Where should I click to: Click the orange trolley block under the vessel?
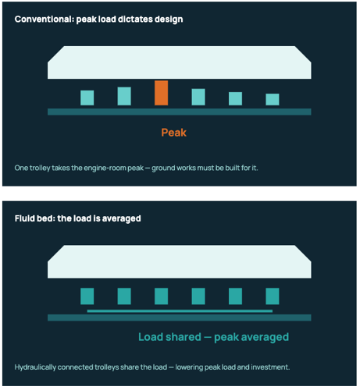pos(161,93)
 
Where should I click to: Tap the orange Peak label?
pos(173,133)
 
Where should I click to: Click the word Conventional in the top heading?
pos(44,19)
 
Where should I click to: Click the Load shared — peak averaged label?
pos(213,337)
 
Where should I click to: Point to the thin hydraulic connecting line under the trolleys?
pos(180,311)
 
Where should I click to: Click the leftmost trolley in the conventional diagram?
pos(87,97)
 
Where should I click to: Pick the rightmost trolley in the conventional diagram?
pos(273,99)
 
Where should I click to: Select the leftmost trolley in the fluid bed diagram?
pos(87,296)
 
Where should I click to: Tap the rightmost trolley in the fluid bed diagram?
pos(273,296)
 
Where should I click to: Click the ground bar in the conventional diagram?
pos(180,112)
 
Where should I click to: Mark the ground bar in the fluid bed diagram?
pos(180,317)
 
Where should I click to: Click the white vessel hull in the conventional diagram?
pos(180,62)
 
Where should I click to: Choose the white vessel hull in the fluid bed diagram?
pos(180,261)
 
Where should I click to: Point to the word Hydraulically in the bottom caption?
pos(35,367)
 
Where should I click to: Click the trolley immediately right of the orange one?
pos(198,97)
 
